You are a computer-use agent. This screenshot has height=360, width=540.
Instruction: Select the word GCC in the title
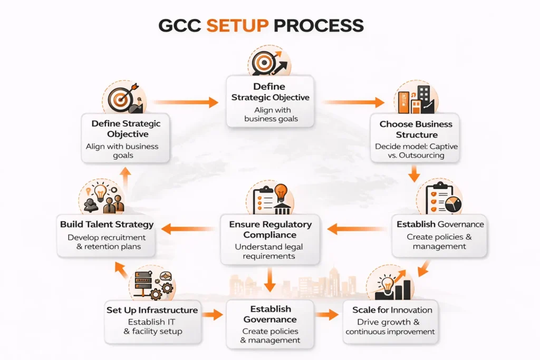(x=180, y=25)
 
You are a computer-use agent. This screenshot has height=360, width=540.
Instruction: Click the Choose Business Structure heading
(x=416, y=129)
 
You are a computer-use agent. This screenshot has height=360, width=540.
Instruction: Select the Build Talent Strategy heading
(x=107, y=225)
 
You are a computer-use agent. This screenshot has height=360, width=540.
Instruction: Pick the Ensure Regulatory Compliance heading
(x=270, y=229)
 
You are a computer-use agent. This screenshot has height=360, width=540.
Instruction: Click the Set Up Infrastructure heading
(x=152, y=310)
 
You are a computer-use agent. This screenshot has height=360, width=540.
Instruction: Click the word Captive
(x=442, y=146)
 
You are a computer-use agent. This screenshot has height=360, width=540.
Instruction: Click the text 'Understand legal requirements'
(x=269, y=251)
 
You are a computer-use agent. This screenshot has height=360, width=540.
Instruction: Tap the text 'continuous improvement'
(x=390, y=332)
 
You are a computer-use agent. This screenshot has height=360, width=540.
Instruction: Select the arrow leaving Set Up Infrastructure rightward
(x=213, y=315)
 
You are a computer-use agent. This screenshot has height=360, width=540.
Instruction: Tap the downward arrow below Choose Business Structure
(x=415, y=172)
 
